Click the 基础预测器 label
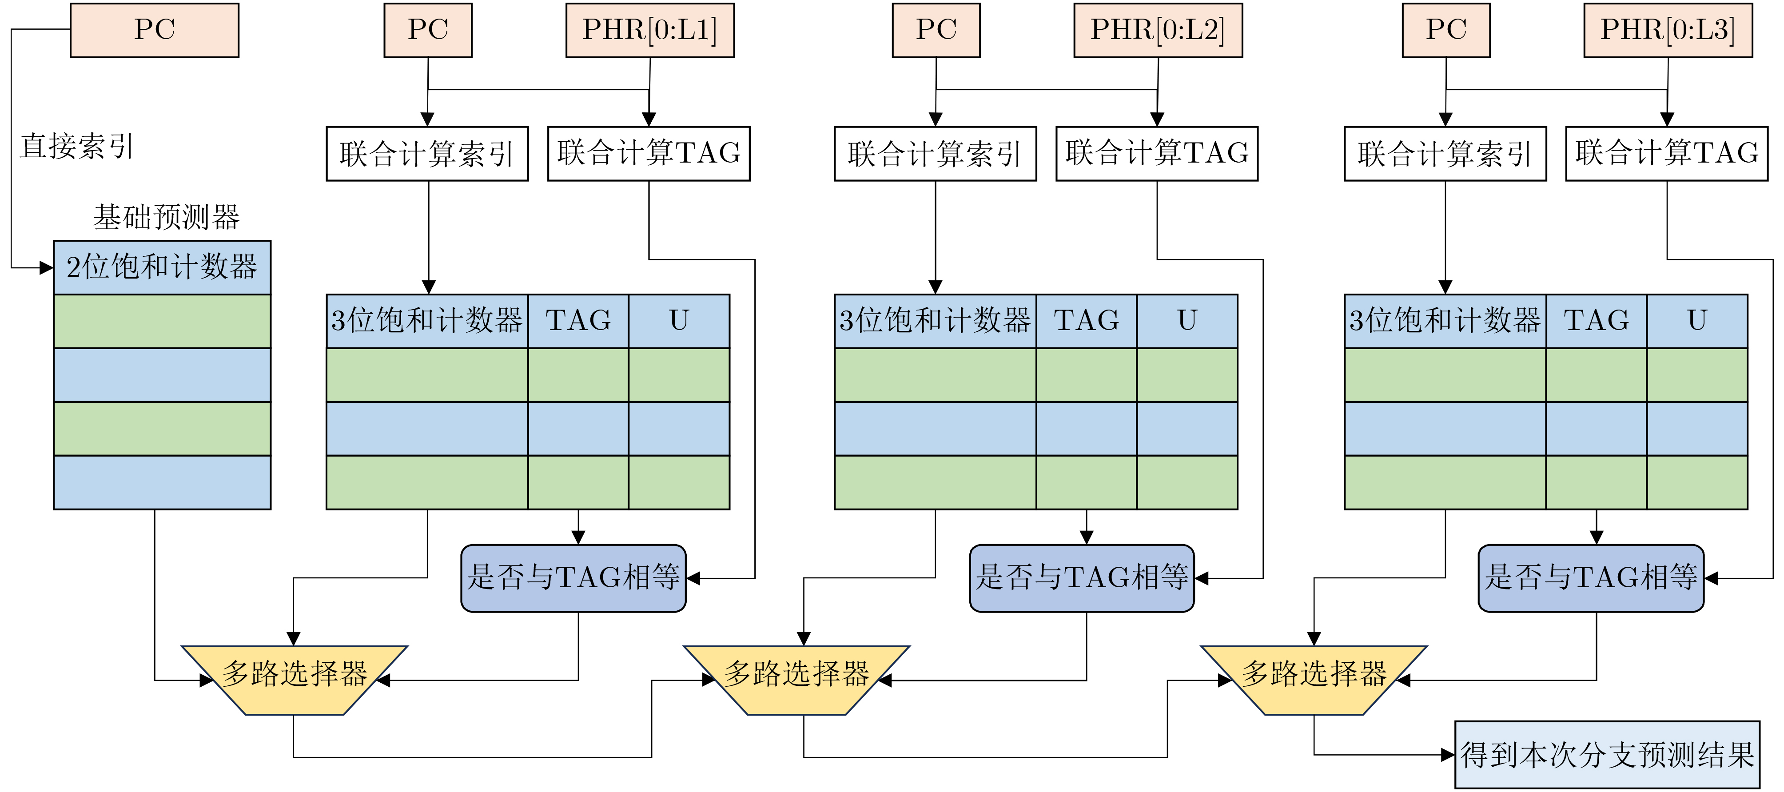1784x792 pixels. [x=166, y=217]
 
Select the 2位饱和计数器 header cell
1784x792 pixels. [x=162, y=268]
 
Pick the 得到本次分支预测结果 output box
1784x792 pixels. [x=1607, y=755]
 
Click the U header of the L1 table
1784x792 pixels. [x=679, y=321]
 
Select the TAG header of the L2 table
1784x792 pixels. [x=1086, y=321]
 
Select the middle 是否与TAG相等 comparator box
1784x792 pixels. [x=1082, y=578]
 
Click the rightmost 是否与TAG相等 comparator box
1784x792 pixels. [x=1591, y=578]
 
